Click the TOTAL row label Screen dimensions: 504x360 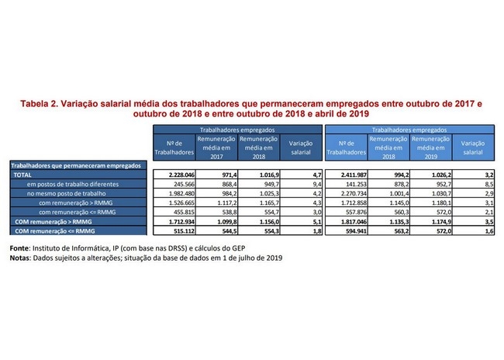coord(22,175)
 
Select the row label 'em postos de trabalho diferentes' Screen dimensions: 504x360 coord(73,185)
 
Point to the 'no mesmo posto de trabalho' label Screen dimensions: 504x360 coord(66,194)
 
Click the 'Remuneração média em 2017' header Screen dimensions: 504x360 coord(216,147)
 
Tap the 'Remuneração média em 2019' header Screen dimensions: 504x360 coord(430,147)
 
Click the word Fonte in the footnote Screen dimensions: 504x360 coord(19,248)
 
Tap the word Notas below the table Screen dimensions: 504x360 coord(19,258)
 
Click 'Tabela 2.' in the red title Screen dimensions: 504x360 coord(39,104)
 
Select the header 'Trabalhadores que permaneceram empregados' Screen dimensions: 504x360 coord(76,166)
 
